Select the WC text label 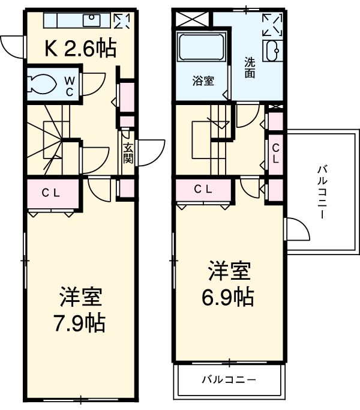[70, 85]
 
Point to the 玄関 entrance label [128, 153]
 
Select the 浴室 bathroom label [203, 80]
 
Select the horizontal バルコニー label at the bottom [229, 379]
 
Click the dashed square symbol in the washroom [272, 25]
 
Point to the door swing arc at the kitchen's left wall [12, 47]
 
